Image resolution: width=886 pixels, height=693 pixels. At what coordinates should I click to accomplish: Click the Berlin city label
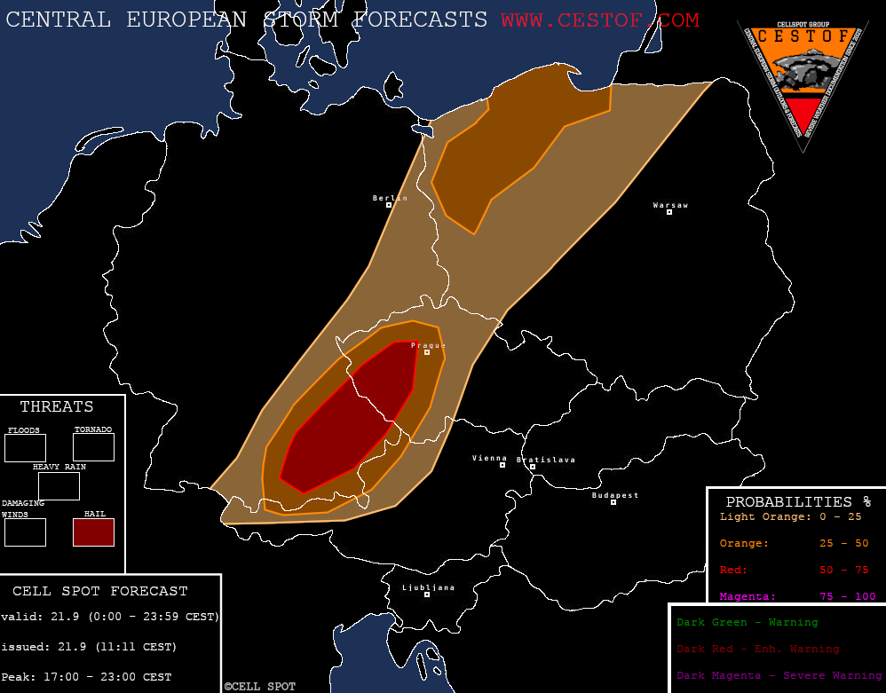coord(390,198)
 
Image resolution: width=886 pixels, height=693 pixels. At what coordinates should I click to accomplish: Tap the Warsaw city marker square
coord(669,212)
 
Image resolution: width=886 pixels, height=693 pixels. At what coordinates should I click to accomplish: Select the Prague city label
coord(427,344)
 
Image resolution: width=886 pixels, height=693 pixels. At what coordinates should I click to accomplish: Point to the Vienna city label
coord(489,458)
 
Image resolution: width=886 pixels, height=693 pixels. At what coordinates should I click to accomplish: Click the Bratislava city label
coord(546,460)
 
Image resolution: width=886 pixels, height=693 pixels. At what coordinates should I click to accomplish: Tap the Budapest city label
coord(615,495)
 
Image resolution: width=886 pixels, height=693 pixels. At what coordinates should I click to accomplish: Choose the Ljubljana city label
coord(428,587)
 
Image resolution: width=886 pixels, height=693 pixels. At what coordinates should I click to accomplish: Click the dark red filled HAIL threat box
coord(93,532)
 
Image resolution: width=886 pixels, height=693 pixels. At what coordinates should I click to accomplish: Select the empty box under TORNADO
coord(93,447)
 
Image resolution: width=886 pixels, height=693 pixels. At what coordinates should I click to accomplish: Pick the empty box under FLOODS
coord(25,447)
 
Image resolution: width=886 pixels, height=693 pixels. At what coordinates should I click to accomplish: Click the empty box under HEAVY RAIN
coord(59,486)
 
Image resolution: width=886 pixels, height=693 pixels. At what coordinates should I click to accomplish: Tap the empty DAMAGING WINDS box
coord(25,532)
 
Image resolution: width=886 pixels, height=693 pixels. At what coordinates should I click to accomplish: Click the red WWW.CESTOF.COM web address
coord(599,20)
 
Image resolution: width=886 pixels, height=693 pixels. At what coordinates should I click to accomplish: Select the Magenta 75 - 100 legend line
coord(796,596)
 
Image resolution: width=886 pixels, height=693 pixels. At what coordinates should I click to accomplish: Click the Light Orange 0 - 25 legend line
coord(790,516)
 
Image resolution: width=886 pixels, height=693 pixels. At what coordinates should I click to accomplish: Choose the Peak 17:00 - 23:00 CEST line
coord(86,677)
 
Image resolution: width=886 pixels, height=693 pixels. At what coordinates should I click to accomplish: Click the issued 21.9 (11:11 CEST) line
coord(89,646)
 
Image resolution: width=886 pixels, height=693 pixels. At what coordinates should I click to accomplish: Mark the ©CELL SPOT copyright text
coord(259,686)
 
